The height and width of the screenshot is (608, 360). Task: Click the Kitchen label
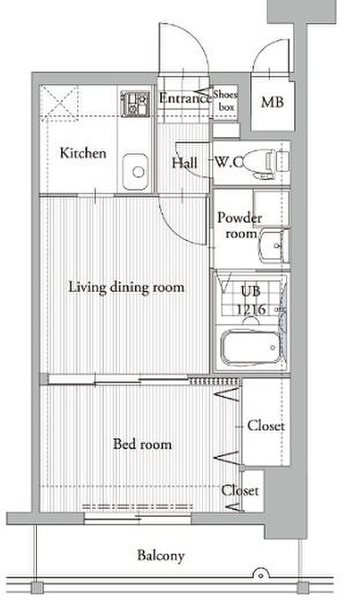[83, 153]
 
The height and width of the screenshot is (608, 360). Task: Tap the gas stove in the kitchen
[134, 103]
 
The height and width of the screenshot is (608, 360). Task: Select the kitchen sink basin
[135, 172]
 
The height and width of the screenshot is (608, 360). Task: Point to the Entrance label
[185, 98]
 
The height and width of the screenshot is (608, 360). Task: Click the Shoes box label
[226, 100]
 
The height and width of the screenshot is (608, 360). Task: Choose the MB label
[272, 102]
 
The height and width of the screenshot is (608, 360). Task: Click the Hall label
[185, 163]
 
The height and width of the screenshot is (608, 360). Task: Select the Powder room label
[239, 226]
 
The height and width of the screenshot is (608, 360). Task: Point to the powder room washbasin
[273, 246]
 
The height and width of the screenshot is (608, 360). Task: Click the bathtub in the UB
[250, 347]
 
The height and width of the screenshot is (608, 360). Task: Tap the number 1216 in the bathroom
[251, 309]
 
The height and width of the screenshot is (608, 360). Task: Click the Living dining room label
[126, 287]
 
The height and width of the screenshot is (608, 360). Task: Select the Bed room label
[142, 444]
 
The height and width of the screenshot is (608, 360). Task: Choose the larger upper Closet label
[266, 425]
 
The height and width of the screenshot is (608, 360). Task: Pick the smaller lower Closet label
[240, 490]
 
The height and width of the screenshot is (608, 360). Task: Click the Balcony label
[160, 556]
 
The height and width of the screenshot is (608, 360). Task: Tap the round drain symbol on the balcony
[261, 573]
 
